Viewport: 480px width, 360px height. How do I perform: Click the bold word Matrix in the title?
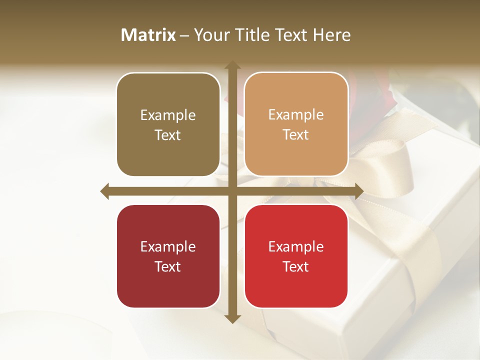[x=148, y=35]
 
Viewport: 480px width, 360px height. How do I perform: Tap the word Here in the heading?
[x=331, y=35]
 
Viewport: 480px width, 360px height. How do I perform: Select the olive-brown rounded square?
[x=168, y=124]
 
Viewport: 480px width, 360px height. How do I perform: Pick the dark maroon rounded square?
[x=168, y=256]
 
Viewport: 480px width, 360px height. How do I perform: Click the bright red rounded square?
[x=296, y=256]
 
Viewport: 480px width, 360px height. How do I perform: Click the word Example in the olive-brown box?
[x=168, y=115]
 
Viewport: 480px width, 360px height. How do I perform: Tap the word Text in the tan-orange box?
[x=296, y=135]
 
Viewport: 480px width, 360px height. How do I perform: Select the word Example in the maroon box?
[x=168, y=247]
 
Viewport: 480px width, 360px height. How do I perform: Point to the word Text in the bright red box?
[x=296, y=267]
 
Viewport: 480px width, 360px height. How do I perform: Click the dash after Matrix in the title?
[x=184, y=35]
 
